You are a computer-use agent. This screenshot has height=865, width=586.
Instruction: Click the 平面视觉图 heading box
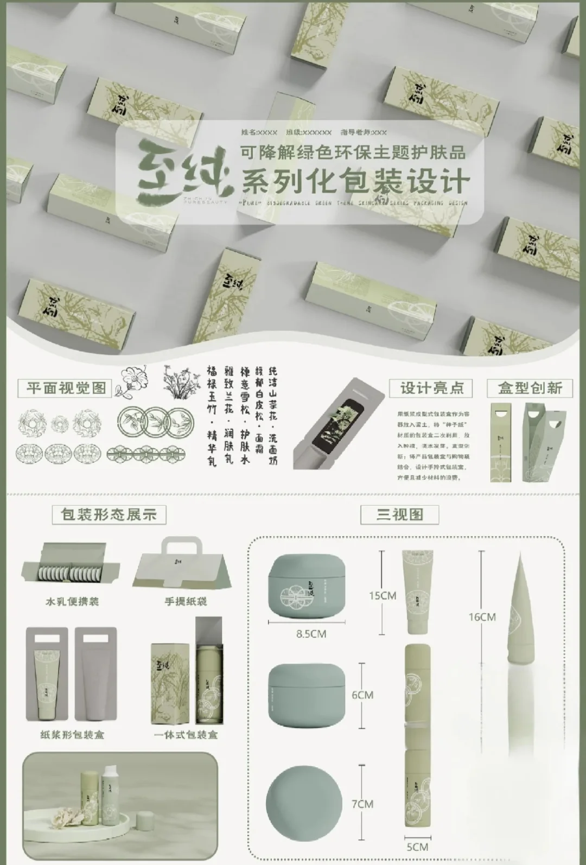click(65, 388)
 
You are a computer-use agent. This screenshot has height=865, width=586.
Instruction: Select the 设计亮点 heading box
click(431, 388)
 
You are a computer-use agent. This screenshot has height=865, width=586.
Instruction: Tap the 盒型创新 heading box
click(530, 387)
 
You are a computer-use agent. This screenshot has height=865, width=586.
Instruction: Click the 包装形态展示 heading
click(109, 514)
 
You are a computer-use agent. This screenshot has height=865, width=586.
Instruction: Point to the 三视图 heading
click(399, 514)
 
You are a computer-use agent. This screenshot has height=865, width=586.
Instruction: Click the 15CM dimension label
click(383, 595)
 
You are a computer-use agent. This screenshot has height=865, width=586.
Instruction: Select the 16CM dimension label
click(482, 617)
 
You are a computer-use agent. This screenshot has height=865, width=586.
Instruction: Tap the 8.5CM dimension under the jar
click(311, 633)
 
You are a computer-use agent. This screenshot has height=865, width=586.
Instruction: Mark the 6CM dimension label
click(362, 695)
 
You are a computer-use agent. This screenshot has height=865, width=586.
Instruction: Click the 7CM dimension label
click(362, 804)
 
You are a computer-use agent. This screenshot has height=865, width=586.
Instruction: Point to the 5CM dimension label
click(417, 847)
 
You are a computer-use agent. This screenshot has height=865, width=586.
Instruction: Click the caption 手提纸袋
click(186, 601)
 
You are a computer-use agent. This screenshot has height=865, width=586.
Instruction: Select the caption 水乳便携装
click(72, 601)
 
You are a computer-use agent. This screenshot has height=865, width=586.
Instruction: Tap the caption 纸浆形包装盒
click(72, 735)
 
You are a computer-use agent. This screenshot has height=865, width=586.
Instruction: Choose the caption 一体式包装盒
click(186, 735)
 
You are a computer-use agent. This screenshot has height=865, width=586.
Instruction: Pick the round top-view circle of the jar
click(304, 804)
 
